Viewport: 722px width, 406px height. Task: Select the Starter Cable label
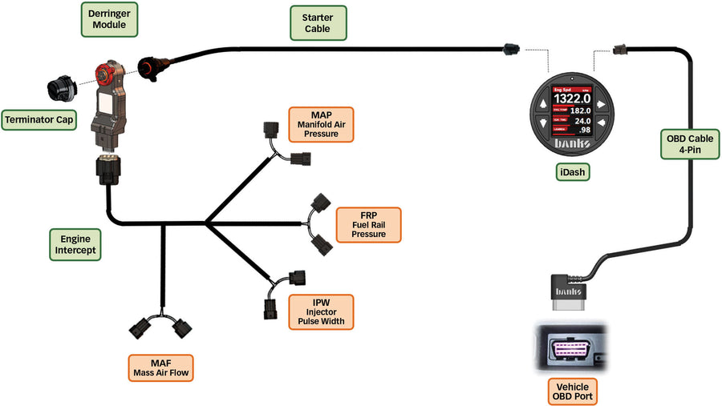(317, 24)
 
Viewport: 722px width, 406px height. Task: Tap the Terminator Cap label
(38, 120)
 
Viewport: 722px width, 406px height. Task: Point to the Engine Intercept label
(75, 244)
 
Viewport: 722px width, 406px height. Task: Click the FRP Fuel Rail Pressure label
(368, 224)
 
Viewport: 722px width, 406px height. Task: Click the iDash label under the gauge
(573, 170)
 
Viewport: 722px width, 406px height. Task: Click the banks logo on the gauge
(571, 143)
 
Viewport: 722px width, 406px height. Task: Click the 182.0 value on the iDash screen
(582, 111)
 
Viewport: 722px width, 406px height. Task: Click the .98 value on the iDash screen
(585, 130)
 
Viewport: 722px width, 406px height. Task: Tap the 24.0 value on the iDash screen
(583, 120)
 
